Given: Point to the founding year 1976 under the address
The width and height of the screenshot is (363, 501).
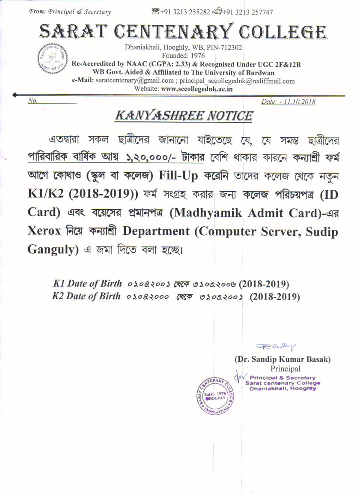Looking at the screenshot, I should point(197,56).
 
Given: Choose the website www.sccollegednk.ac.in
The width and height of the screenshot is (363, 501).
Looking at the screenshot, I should point(196,89).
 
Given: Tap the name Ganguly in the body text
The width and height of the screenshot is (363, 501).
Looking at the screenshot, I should point(49,249).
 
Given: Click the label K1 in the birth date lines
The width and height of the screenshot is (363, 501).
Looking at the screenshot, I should point(59,284).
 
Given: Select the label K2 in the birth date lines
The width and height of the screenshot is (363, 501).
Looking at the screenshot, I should point(58,296).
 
